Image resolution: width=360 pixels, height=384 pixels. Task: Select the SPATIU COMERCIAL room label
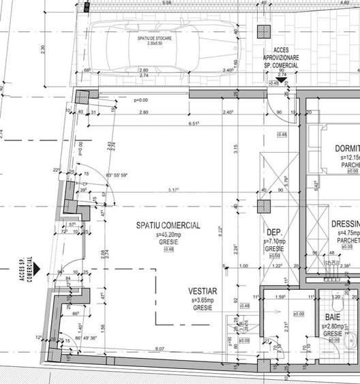pos(168,226)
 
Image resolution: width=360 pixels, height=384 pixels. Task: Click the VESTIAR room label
pos(203,291)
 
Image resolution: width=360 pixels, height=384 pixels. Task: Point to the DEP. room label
pos(274,232)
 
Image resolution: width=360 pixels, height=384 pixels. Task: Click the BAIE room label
pos(333,318)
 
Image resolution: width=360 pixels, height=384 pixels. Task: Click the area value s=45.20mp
pos(168,234)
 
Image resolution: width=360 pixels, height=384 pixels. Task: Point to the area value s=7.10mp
pos(275,241)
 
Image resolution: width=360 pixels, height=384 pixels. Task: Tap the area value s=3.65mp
pos(203,299)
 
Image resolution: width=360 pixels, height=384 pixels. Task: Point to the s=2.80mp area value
pos(332,327)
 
